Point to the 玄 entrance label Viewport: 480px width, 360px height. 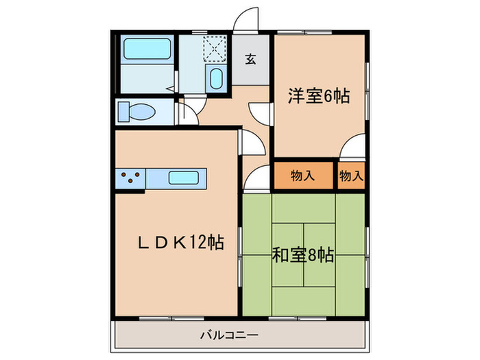point(251,59)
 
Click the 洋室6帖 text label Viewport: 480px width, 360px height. point(320,96)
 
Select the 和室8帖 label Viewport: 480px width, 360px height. point(302,256)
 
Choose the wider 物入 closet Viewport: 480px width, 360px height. point(303,176)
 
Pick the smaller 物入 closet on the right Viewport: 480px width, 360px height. point(351,176)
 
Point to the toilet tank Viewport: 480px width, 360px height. point(123,112)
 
